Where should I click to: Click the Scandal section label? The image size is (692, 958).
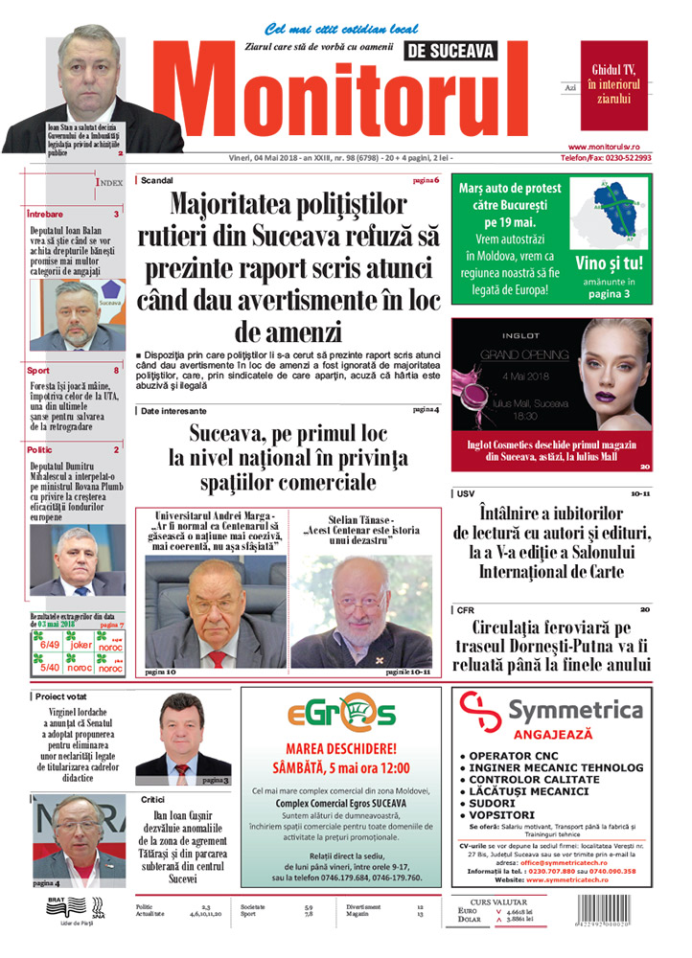[x=156, y=180]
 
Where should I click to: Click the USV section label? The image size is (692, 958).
[x=466, y=494]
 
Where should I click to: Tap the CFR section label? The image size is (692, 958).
[x=466, y=609]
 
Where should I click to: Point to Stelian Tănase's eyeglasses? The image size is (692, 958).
[x=363, y=604]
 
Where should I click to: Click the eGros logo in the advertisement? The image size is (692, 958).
[x=341, y=715]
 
